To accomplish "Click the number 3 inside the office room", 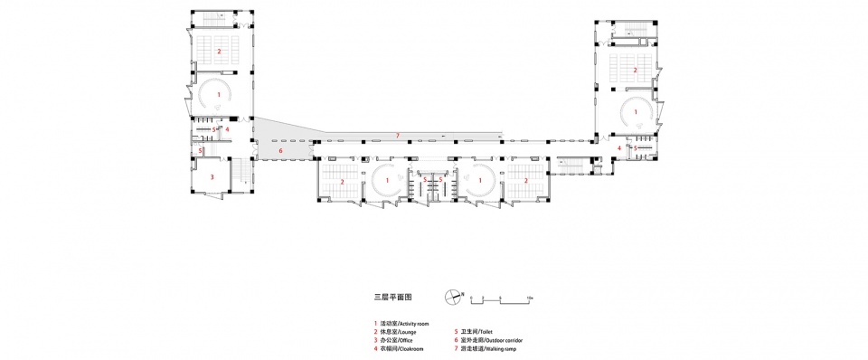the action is click(x=212, y=177).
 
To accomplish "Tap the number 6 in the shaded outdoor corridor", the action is click(x=280, y=151).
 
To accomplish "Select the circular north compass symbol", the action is click(x=453, y=296).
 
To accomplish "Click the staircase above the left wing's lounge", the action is click(x=216, y=21).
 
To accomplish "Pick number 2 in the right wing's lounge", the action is click(x=635, y=70).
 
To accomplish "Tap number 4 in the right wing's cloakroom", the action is click(x=619, y=147).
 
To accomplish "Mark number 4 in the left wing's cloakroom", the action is click(x=227, y=129).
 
